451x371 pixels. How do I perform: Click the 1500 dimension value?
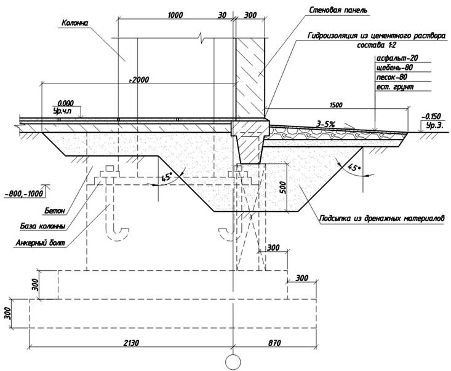click(x=338, y=104)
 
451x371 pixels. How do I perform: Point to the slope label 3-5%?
click(x=324, y=124)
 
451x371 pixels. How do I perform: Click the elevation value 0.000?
click(x=65, y=104)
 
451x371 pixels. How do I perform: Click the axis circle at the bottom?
click(x=233, y=361)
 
